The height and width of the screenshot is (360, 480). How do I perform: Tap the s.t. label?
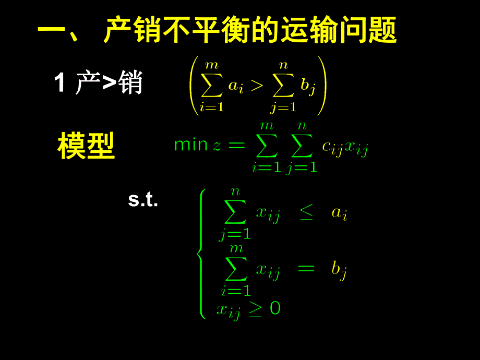tap(143, 201)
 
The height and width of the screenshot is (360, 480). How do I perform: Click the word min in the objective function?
tap(191, 145)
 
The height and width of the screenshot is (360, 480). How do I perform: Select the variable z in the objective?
tap(217, 146)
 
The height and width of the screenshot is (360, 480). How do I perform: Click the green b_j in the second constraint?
tap(340, 270)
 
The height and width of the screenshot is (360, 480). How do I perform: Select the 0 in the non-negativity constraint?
tap(275, 308)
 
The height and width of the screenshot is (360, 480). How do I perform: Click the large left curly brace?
tap(201, 254)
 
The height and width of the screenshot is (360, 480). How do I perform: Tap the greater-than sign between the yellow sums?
tap(257, 86)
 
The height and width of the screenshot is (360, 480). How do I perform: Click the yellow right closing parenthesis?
tap(321, 85)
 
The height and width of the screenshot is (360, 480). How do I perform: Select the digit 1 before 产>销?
tap(60, 83)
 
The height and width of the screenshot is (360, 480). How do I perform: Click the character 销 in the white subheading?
tap(130, 83)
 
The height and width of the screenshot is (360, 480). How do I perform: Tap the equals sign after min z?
tap(236, 145)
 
